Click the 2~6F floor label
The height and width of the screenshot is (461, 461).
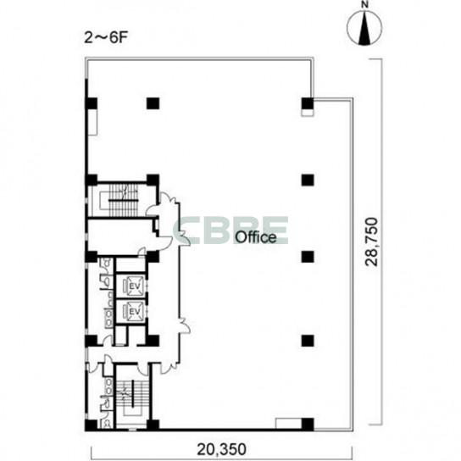[106, 38]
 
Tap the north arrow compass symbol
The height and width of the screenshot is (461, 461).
[364, 28]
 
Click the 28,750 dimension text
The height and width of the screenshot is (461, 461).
[371, 242]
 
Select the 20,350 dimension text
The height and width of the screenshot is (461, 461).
[221, 449]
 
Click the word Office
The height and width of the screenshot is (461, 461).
[256, 237]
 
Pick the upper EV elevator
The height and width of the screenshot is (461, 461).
[134, 286]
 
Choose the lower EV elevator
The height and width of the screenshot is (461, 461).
[134, 311]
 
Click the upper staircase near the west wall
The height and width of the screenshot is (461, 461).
[124, 200]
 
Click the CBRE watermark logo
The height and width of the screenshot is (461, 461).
[231, 230]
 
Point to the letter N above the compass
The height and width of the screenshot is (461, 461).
[365, 5]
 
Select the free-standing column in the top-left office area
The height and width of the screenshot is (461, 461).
[153, 103]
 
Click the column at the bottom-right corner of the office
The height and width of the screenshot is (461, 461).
[308, 425]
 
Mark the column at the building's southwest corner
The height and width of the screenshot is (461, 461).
[91, 425]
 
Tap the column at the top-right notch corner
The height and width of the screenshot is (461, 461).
[308, 103]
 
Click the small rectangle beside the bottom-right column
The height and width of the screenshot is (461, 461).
[288, 424]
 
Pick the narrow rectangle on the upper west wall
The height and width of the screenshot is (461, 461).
[93, 122]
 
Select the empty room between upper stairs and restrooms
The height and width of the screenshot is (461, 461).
[121, 235]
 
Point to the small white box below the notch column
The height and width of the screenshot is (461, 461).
[308, 113]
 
